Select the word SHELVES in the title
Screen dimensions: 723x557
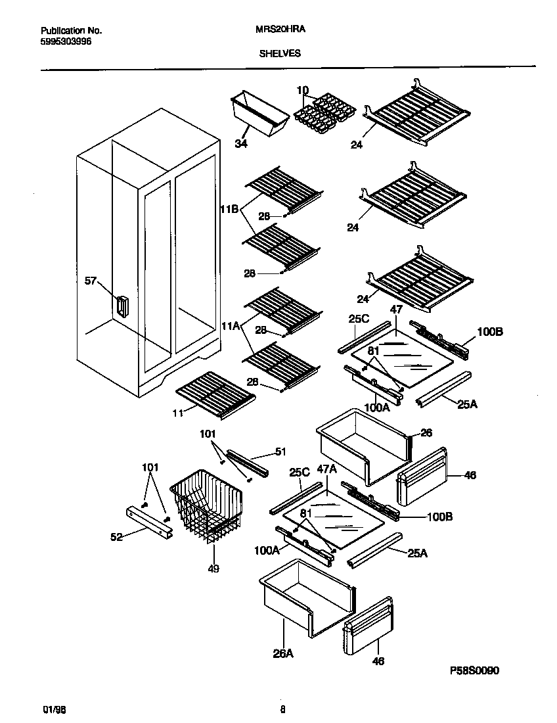[280, 54]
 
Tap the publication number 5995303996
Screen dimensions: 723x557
[66, 41]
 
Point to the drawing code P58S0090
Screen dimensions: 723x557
[475, 671]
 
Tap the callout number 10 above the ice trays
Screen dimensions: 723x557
[302, 90]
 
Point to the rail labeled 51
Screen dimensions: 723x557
[248, 463]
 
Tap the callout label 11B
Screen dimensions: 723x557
[229, 209]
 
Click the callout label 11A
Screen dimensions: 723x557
[229, 324]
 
